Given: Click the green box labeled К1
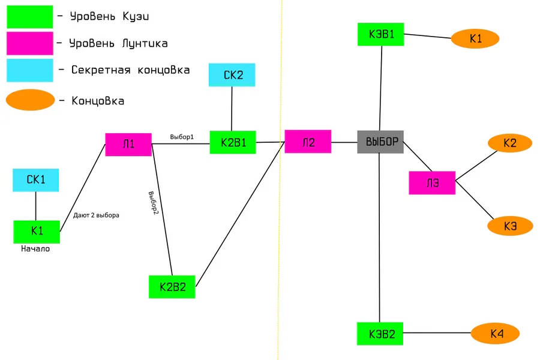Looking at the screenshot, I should coord(37,232).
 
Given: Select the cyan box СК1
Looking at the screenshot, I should coord(36,180).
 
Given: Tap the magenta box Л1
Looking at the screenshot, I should coord(128,145).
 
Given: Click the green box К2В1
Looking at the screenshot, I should coord(233,143).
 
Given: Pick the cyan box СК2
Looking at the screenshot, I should coord(232,75).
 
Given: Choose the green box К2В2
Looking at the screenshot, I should coord(172,287).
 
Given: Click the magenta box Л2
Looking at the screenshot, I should coord(308,142).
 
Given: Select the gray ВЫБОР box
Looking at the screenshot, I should coord(380,142).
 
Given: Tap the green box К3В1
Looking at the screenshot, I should coord(381,34).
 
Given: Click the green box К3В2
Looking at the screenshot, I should coord(380,334).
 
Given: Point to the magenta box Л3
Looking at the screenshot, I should coord(432,183).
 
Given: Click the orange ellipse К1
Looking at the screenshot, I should coord(475,39).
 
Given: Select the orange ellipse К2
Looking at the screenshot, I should coord(510,143).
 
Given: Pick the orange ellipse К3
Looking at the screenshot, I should coord(510,226).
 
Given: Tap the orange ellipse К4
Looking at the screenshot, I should coord(496,334).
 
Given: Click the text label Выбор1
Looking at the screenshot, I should coord(182,137).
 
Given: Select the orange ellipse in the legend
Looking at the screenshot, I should coord(31,100).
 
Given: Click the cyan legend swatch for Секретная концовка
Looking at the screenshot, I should coord(29,70).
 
